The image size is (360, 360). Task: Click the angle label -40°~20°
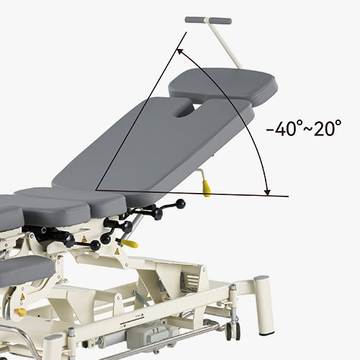pyautogui.click(x=303, y=130)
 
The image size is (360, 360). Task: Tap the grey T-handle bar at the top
pyautogui.click(x=208, y=20)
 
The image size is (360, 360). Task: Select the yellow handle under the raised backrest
pyautogui.click(x=207, y=189)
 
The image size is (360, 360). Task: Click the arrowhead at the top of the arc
pyautogui.click(x=180, y=53)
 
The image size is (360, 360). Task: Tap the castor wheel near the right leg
pyautogui.click(x=232, y=330)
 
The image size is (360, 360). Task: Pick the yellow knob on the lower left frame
pyautogui.click(x=20, y=312)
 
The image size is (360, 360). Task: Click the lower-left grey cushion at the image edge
pyautogui.click(x=25, y=269)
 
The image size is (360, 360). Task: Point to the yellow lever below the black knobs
pyautogui.click(x=129, y=243)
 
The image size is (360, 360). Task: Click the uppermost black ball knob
pyautogui.click(x=180, y=204)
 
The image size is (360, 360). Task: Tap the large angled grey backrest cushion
pyautogui.click(x=151, y=151)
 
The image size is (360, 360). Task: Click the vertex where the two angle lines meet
pyautogui.click(x=95, y=189)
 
